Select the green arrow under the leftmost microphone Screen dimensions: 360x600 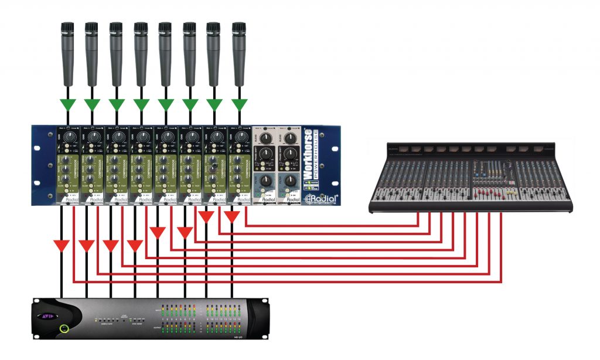pos(67,104)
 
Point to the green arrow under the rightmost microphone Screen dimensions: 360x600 pos(238,104)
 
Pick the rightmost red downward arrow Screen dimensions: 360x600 pos(232,216)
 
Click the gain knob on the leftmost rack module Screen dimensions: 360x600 pos(69,137)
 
